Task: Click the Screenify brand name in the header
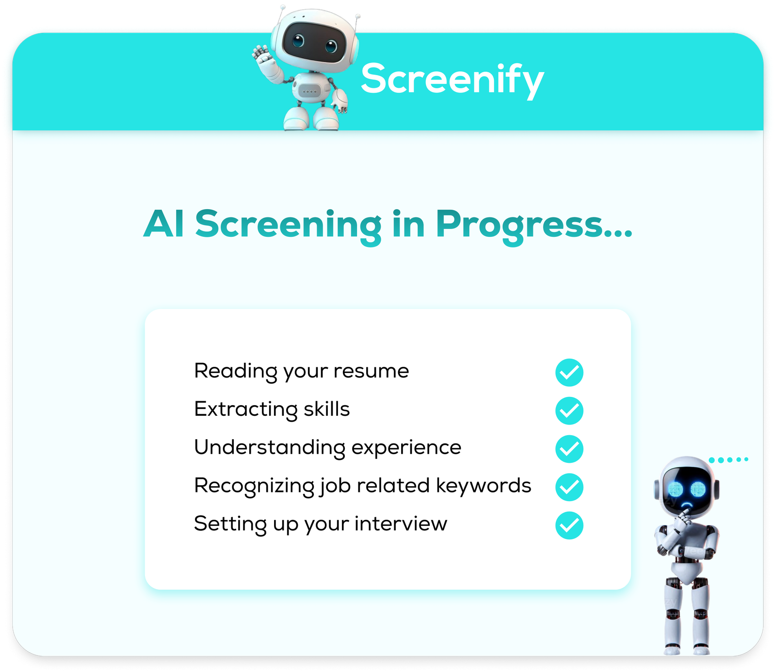point(453,80)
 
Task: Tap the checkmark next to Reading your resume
point(569,373)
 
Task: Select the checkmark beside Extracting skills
point(569,411)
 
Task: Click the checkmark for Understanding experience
point(569,449)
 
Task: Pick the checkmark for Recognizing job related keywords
point(569,487)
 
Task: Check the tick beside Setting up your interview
point(569,525)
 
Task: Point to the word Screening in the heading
point(289,226)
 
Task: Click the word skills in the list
point(326,409)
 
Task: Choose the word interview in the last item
point(401,524)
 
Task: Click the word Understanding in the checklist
point(270,448)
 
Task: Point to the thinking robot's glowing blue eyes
point(687,490)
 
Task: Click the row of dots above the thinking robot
point(728,459)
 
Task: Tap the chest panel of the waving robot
point(309,91)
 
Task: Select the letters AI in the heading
point(164,224)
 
